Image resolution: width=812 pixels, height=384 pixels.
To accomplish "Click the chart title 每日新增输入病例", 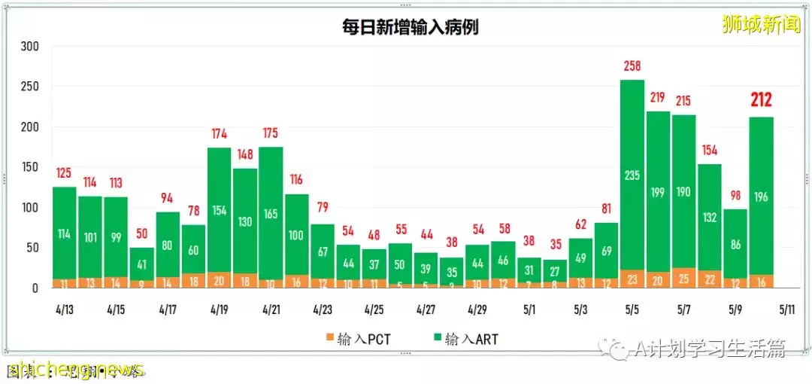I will [411, 28].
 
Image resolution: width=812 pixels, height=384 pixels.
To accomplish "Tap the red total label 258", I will [632, 67].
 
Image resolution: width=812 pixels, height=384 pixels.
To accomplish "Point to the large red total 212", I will [760, 100].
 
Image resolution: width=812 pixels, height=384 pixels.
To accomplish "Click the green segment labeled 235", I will [632, 175].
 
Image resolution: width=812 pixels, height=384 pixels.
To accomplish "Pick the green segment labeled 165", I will [271, 213].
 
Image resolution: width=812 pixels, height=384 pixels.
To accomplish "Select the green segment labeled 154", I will [219, 211].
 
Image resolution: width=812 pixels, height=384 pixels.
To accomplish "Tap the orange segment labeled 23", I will [632, 279].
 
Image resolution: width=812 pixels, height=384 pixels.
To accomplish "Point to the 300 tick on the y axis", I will [30, 47].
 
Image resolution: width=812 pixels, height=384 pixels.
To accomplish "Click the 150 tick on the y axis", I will [30, 167].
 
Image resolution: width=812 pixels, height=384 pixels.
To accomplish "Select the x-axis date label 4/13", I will [65, 309].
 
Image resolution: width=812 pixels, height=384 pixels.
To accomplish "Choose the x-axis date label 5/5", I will [632, 309].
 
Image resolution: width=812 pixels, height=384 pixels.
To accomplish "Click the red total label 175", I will [271, 134].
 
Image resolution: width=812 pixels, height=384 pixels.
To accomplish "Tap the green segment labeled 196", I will [760, 197].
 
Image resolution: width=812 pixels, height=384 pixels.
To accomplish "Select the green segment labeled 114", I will [65, 233].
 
